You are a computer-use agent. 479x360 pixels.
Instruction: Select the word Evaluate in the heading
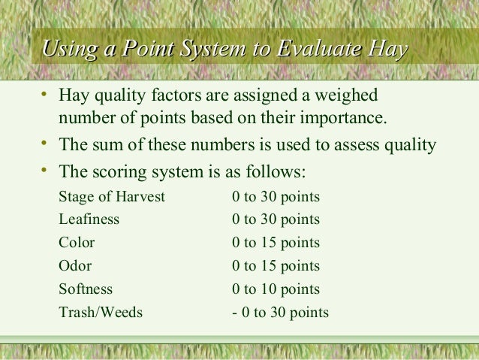315,50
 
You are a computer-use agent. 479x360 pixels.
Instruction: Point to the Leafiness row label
89,220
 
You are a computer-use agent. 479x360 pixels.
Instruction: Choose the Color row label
77,243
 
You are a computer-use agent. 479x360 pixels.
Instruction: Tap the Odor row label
75,266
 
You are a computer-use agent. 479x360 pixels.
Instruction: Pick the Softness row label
86,289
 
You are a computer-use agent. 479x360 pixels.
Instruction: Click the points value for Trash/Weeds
279,311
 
